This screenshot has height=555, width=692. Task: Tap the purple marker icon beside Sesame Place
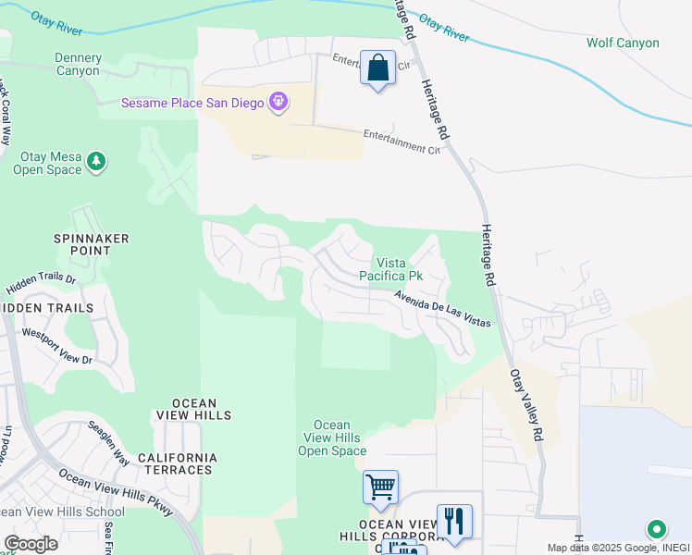(x=278, y=102)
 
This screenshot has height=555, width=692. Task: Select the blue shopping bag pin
(x=377, y=68)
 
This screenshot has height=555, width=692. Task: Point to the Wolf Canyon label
(x=623, y=43)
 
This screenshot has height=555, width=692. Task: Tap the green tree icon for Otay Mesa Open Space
(x=95, y=163)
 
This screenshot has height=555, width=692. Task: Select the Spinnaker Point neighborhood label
(x=91, y=245)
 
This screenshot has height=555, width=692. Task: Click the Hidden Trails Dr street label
(x=45, y=281)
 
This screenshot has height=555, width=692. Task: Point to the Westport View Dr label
(x=57, y=346)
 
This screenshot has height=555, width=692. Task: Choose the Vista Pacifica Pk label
(x=399, y=269)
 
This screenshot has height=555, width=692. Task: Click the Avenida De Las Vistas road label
(x=442, y=309)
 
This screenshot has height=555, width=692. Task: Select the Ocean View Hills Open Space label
(x=332, y=438)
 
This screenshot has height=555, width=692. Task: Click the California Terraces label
(x=177, y=463)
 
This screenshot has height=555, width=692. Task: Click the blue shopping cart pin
(x=381, y=487)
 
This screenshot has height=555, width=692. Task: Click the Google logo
(x=31, y=544)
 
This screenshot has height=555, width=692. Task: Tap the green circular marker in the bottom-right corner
(x=656, y=529)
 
